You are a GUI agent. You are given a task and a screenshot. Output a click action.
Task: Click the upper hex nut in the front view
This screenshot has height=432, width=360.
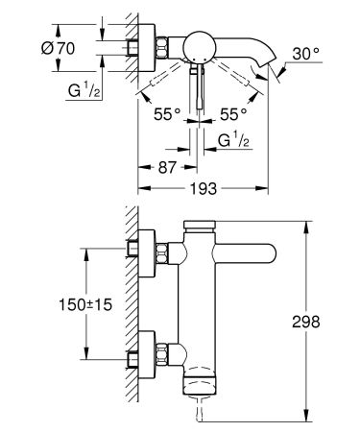pos(164,254)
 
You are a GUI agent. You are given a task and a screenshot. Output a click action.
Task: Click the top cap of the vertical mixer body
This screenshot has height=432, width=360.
pos(200,227)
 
